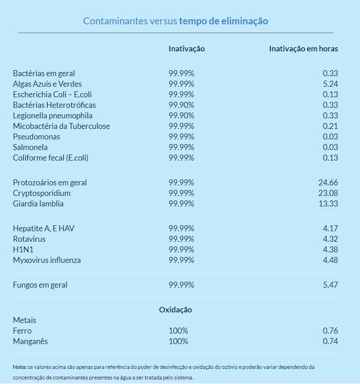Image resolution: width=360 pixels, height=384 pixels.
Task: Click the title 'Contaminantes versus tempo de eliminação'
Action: pyautogui.click(x=175, y=21)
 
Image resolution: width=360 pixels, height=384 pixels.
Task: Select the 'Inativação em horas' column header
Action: pyautogui.click(x=303, y=49)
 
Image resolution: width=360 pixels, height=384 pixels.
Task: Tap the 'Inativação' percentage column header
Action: pyautogui.click(x=186, y=49)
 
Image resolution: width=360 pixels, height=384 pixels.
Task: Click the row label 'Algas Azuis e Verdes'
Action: pyautogui.click(x=47, y=84)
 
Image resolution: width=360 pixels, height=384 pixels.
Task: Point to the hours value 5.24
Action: pyautogui.click(x=330, y=84)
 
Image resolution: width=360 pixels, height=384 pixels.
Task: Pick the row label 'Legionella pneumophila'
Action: pyautogui.click(x=53, y=116)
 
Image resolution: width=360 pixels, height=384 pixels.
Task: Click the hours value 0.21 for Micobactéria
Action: pyautogui.click(x=330, y=126)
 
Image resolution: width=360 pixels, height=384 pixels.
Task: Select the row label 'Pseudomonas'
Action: pyautogui.click(x=36, y=137)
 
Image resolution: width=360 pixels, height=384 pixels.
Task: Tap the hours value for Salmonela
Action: pyautogui.click(x=330, y=147)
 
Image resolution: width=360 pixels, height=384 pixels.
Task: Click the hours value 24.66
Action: pyautogui.click(x=328, y=183)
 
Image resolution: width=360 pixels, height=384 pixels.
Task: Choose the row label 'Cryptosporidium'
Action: pyautogui.click(x=42, y=193)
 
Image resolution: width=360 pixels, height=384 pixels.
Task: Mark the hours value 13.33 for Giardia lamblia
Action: pyautogui.click(x=328, y=204)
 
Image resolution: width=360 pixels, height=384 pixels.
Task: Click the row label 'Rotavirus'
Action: pyautogui.click(x=29, y=239)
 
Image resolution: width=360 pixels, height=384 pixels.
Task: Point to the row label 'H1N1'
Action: pyautogui.click(x=22, y=250)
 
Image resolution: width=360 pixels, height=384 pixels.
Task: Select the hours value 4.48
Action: pyautogui.click(x=330, y=260)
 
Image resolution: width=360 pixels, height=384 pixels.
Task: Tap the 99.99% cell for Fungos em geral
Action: pyautogui.click(x=181, y=285)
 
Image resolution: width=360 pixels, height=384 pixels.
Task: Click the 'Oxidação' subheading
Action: pyautogui.click(x=175, y=310)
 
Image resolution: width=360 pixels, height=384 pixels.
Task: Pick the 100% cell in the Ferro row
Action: pyautogui.click(x=178, y=331)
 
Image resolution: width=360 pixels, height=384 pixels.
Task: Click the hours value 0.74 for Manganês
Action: pyautogui.click(x=330, y=341)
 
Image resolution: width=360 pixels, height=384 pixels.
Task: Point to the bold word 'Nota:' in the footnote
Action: pyautogui.click(x=20, y=367)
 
